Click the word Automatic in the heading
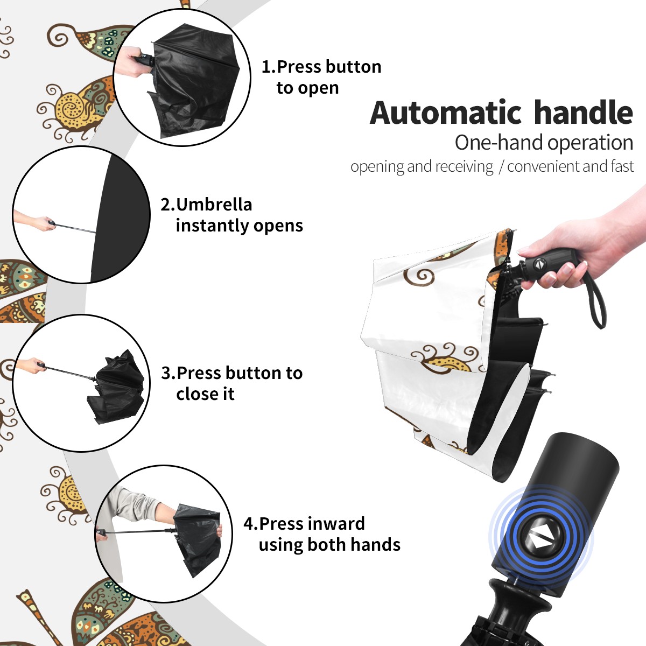coord(446,113)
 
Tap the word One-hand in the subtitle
coord(500,143)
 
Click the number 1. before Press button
coord(269,67)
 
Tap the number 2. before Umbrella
coord(168,205)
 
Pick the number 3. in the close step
coord(168,373)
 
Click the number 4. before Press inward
coord(251,524)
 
